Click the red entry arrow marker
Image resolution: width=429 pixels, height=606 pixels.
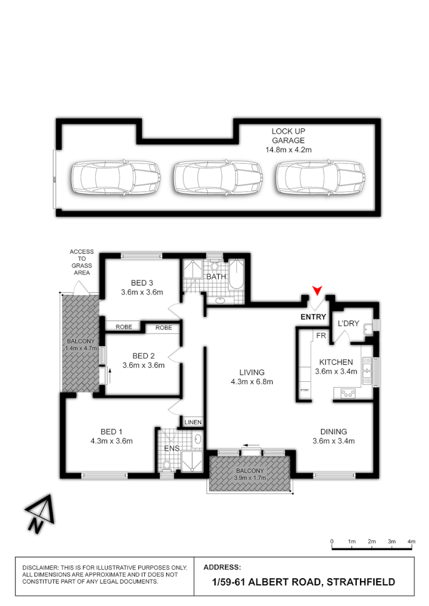pyautogui.click(x=317, y=290)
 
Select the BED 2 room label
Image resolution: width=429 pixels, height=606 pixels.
pyautogui.click(x=144, y=356)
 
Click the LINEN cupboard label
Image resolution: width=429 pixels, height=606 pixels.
pyautogui.click(x=193, y=422)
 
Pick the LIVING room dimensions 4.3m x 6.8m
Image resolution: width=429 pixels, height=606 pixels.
pyautogui.click(x=252, y=382)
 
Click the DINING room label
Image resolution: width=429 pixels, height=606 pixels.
pyautogui.click(x=333, y=431)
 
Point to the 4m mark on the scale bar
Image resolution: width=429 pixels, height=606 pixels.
pyautogui.click(x=411, y=541)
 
